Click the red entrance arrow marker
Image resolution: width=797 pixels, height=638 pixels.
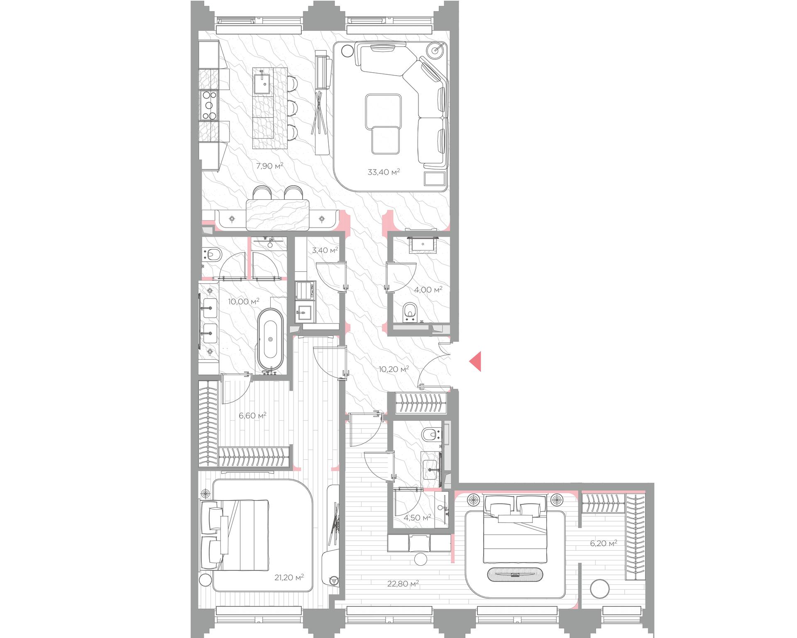point(476,361)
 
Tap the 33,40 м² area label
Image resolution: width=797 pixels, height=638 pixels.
point(384,172)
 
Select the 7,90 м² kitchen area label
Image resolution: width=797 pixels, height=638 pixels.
point(269,166)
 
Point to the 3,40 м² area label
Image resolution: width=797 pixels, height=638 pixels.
point(325,250)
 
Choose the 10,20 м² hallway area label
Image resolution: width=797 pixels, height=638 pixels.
point(394,368)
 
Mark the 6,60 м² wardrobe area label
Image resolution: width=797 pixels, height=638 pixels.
point(252,415)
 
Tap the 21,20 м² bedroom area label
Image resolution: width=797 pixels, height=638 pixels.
point(289,577)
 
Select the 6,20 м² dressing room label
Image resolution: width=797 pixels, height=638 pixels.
point(603,543)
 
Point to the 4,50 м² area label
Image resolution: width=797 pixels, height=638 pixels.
point(417,518)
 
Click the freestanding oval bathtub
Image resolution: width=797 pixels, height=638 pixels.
point(271,339)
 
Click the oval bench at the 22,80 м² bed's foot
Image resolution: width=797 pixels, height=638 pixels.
point(515,575)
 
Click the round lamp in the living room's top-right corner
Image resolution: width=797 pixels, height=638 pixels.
point(436,50)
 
